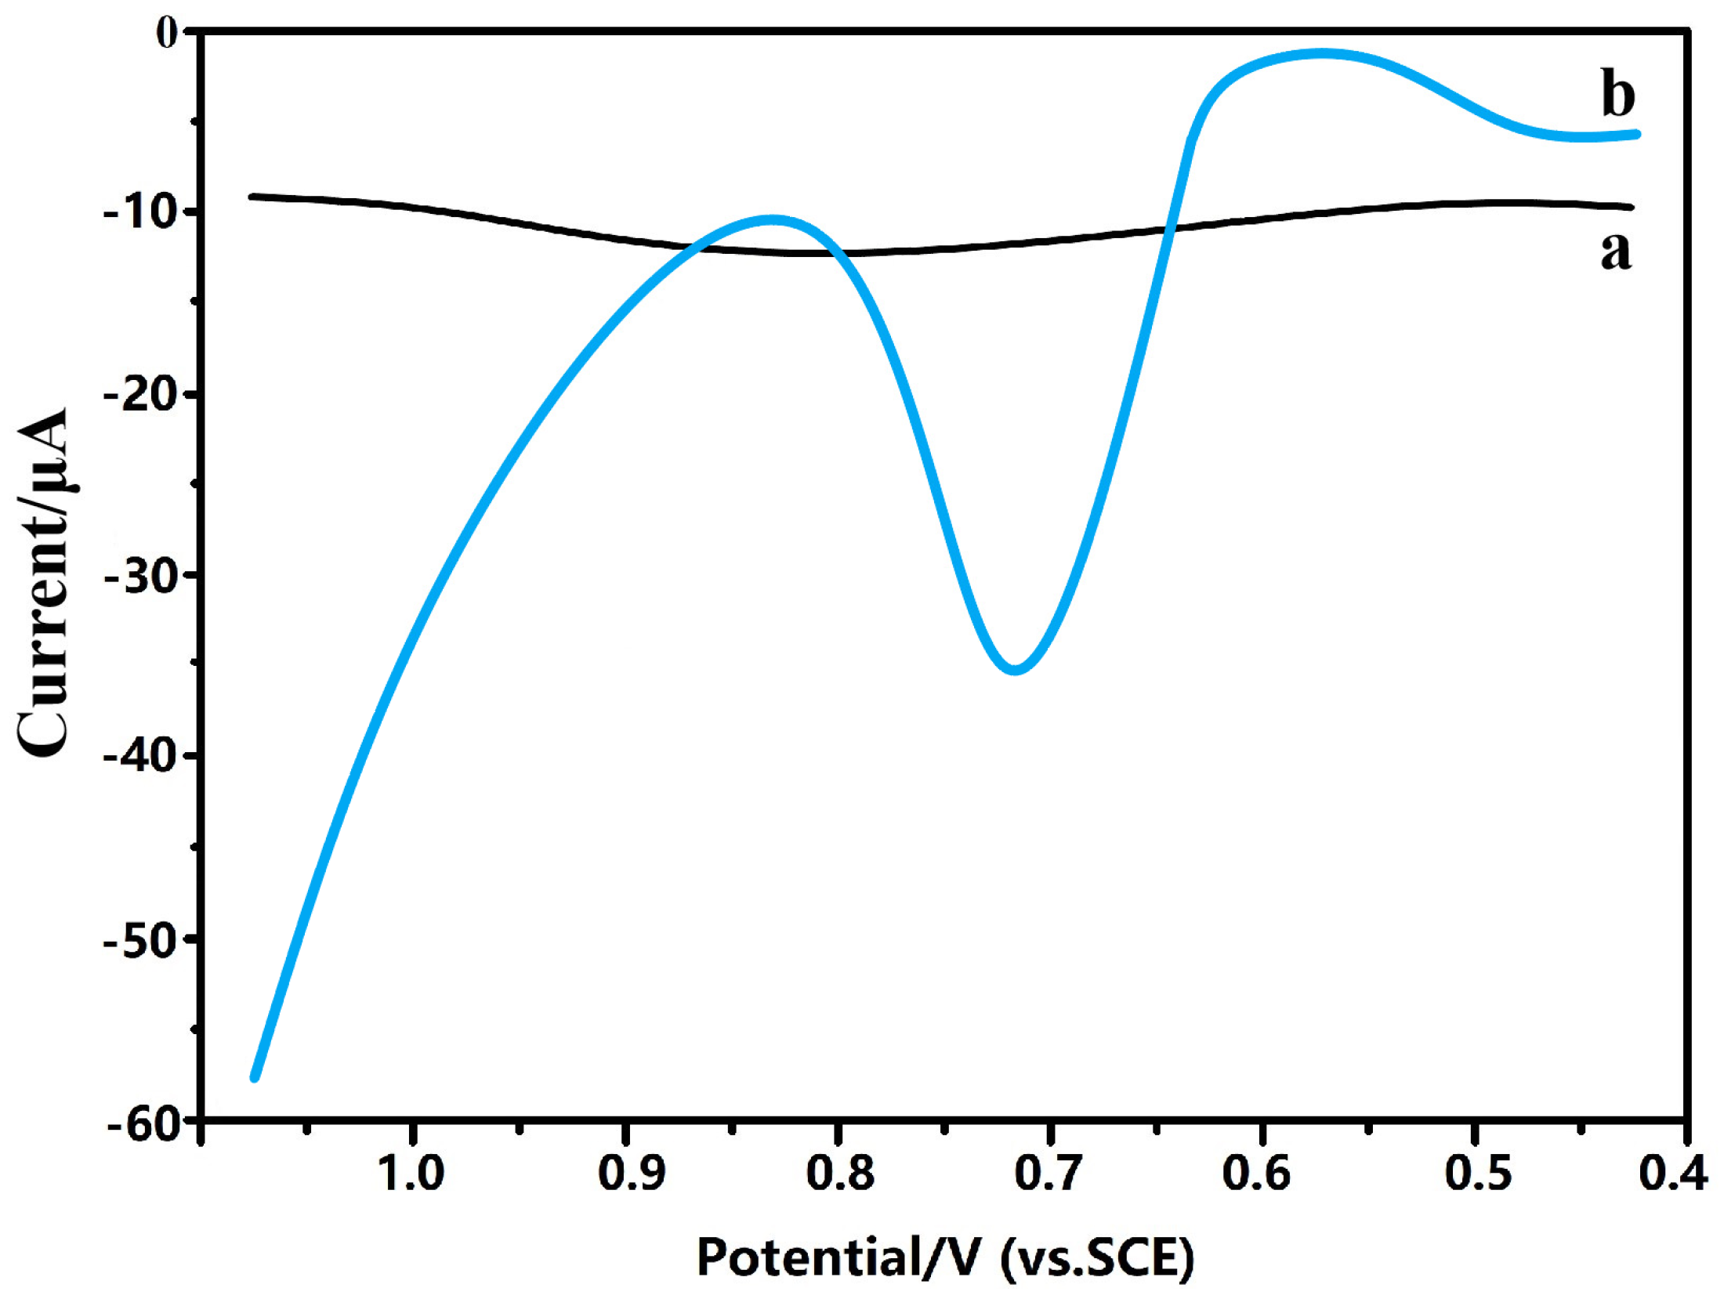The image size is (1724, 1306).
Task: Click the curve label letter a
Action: (x=1615, y=251)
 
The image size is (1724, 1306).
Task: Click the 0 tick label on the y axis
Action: (x=168, y=33)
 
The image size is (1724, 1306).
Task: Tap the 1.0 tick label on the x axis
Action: (x=411, y=1174)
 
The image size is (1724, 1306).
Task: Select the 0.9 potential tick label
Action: (x=631, y=1174)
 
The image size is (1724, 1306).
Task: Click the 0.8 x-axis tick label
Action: (x=840, y=1174)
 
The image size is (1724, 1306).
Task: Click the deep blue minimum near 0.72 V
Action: (x=1015, y=668)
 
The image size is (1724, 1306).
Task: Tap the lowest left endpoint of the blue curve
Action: (x=255, y=1077)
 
